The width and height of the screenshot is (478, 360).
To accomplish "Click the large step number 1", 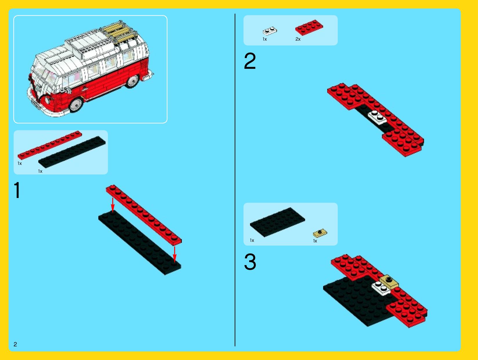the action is tap(17, 190).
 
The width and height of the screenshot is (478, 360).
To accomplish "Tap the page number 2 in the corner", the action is tap(15, 344).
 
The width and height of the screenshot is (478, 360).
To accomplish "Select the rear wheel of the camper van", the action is tap(133, 81).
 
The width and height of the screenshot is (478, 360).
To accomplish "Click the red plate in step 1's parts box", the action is tap(50, 145).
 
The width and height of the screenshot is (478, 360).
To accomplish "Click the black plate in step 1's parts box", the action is tap(72, 152).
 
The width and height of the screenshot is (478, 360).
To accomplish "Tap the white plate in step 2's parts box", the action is tap(270, 31).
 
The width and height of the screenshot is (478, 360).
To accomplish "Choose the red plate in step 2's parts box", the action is tap(309, 27).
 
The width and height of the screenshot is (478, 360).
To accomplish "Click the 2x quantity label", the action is tap(298, 39).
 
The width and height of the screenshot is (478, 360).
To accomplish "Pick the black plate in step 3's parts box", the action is tap(278, 222).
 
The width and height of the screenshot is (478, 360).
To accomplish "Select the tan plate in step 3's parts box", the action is tap(320, 233).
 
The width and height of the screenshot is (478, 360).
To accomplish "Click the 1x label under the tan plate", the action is tap(315, 241).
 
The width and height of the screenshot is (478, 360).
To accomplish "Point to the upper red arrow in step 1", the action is tap(113, 205).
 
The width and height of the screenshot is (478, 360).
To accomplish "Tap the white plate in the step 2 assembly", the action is tap(377, 118).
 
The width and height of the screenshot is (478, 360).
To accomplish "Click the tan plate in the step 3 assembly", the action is tap(389, 281).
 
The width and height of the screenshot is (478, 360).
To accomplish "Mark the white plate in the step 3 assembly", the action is tap(381, 288).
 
